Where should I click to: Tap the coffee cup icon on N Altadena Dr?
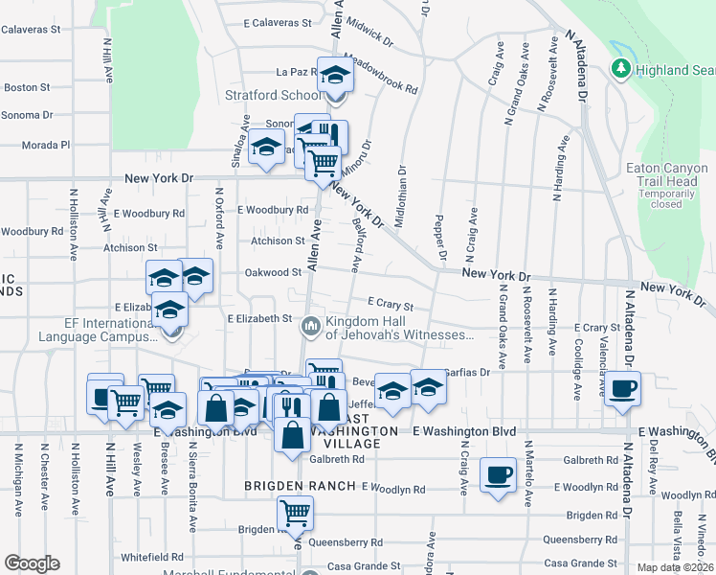(622, 388)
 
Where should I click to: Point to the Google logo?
(32, 563)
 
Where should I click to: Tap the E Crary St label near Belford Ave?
(390, 304)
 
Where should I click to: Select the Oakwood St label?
(274, 272)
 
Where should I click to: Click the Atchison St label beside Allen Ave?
(278, 241)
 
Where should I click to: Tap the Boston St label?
(27, 87)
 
